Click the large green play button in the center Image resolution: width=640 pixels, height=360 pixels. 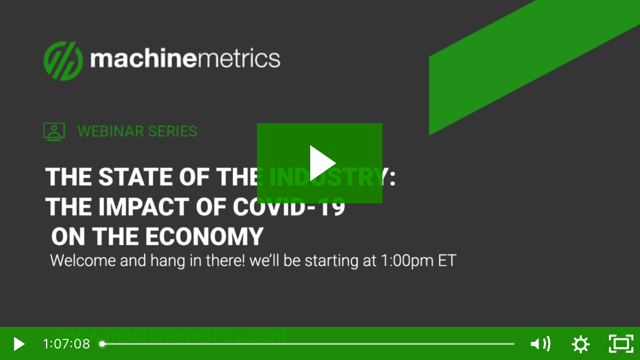point(320,163)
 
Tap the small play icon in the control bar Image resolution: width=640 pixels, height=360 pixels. point(19,344)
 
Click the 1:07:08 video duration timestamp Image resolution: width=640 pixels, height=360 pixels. point(66,344)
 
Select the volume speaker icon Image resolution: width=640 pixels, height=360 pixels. point(540,344)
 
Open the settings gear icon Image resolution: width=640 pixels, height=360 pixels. point(581,344)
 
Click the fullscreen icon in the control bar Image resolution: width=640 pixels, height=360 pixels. point(621,344)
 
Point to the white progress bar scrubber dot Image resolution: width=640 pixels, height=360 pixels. point(102,344)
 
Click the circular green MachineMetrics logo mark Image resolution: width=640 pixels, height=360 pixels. point(63,61)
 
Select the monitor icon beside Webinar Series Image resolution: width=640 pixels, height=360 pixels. point(54,132)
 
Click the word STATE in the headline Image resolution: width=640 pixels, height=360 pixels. point(131,177)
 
